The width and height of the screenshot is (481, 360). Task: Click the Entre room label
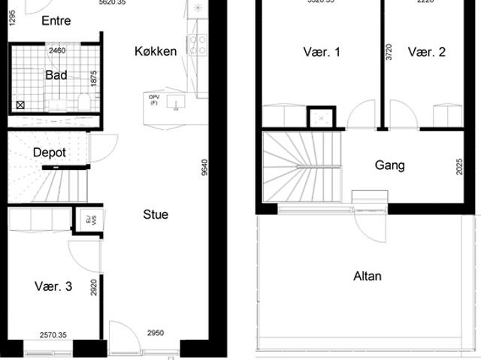56,20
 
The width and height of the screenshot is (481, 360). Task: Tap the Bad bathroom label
56,75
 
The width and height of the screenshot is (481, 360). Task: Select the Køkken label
156,51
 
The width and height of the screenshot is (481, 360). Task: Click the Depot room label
50,153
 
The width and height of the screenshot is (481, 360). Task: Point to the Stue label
156,214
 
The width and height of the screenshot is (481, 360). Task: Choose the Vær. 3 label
53,286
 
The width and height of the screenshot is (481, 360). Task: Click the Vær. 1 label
322,52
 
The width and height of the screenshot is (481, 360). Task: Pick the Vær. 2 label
427,52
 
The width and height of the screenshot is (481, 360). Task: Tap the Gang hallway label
389,165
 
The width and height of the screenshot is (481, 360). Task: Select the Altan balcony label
368,276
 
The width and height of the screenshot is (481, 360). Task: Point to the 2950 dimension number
155,333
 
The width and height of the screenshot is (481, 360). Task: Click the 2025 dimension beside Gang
460,166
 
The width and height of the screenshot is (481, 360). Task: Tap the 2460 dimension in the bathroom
56,51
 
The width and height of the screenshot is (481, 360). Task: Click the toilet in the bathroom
83,101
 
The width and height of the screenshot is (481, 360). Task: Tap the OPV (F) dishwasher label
154,99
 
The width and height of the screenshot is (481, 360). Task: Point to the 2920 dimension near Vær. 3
93,289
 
